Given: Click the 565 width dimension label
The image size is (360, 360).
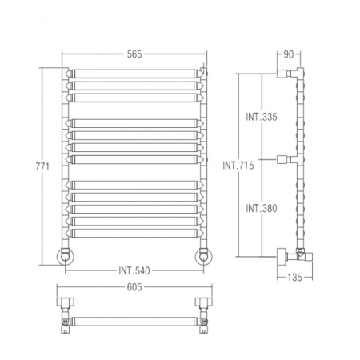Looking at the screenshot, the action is [134, 54].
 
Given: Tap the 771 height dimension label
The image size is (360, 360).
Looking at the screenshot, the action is [42, 166].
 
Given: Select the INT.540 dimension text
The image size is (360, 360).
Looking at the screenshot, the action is [134, 270].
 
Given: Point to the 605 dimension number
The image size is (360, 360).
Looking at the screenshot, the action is [134, 287].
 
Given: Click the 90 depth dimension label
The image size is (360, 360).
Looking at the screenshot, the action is [289, 54].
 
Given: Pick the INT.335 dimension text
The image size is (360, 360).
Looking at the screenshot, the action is [262, 117].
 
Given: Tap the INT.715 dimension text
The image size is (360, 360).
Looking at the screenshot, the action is [238, 166].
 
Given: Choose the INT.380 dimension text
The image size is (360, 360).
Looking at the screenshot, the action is [262, 208].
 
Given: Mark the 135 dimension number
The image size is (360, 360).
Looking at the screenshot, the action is [294, 278].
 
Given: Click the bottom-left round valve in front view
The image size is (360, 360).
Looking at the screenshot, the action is [65, 257].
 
